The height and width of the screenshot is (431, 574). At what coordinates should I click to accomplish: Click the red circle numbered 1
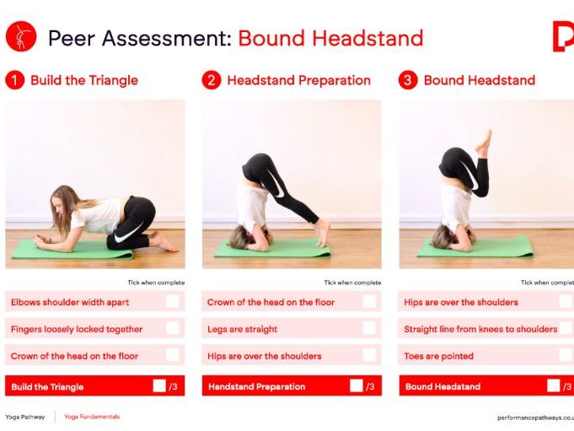14,81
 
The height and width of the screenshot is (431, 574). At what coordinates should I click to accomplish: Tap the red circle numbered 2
211,81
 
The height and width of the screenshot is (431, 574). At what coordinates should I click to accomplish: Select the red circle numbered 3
408,81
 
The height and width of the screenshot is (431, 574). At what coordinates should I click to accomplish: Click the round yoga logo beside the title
20,37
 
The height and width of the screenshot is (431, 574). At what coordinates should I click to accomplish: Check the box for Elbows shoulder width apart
172,302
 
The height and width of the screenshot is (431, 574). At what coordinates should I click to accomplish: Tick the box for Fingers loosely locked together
172,329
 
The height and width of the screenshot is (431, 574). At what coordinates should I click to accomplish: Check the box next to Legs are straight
369,329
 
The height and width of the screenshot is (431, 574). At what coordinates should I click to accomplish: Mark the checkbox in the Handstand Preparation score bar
357,386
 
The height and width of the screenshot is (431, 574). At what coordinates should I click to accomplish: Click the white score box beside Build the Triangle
159,386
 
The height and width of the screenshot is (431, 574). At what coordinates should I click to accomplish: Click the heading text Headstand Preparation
298,81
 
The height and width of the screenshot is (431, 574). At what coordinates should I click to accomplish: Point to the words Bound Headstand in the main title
330,38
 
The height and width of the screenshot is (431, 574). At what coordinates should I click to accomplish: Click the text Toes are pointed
439,356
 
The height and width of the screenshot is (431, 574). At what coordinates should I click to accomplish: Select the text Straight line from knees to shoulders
480,329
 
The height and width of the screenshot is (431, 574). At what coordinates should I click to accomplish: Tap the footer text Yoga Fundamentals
92,417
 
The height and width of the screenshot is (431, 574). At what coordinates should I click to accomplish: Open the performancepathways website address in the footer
535,417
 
